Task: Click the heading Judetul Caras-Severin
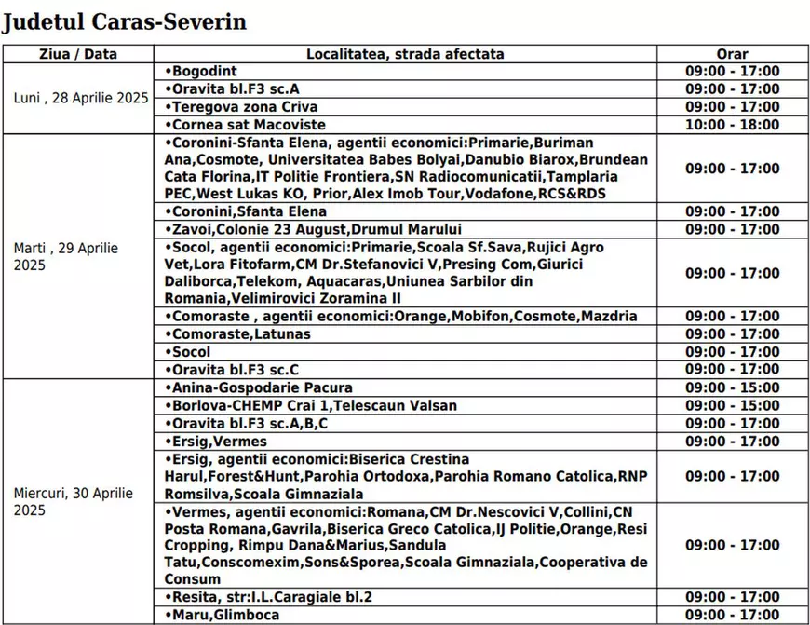click(x=124, y=21)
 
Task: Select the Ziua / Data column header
click(x=78, y=54)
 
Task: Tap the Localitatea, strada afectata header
click(x=405, y=54)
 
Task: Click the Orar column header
click(x=733, y=54)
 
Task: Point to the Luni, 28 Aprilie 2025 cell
click(x=81, y=98)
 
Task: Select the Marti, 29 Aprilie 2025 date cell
click(x=66, y=256)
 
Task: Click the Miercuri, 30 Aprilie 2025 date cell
click(x=74, y=501)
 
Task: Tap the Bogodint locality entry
click(x=201, y=72)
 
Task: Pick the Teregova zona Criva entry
click(x=241, y=107)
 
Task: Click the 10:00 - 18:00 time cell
click(x=733, y=125)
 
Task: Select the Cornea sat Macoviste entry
click(x=245, y=125)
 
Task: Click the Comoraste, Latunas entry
click(x=237, y=334)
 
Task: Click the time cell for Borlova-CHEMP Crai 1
click(x=733, y=405)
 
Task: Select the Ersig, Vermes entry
click(x=216, y=442)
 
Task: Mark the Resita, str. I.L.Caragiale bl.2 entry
click(x=280, y=597)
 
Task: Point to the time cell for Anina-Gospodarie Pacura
click(x=733, y=387)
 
